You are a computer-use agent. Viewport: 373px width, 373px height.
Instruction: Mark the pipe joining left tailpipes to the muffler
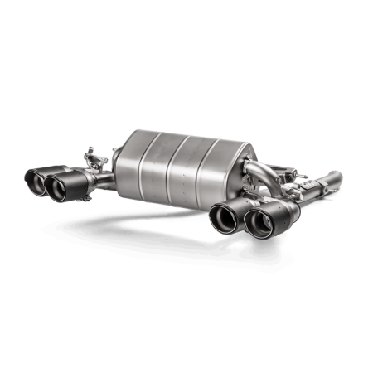(103, 181)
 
